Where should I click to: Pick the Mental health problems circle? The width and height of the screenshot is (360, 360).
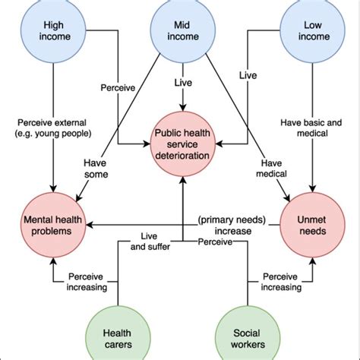pyautogui.click(x=52, y=224)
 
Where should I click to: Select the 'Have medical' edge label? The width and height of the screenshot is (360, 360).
pyautogui.click(x=275, y=169)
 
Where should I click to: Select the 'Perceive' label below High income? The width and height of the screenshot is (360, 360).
pyautogui.click(x=117, y=88)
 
